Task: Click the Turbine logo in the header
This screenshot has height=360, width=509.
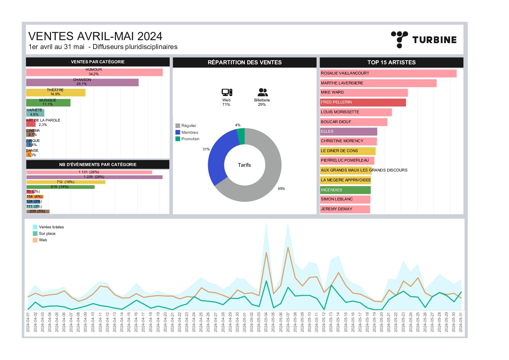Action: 424,39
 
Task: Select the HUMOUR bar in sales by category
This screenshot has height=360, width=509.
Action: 94,72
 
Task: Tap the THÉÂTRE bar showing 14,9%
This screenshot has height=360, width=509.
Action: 55,92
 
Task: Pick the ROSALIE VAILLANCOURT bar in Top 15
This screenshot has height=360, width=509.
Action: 388,73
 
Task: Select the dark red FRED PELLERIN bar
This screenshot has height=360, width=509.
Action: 363,102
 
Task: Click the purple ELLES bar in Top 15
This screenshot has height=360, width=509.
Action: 349,132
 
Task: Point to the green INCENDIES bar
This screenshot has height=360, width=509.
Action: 345,190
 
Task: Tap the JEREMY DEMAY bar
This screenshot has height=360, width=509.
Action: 345,209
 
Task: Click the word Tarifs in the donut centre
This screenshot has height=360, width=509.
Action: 244,165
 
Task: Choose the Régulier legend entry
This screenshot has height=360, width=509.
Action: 188,126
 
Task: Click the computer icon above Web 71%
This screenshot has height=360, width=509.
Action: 226,92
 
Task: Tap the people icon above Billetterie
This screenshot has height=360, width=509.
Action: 262,92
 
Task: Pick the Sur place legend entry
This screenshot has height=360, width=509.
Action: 47,233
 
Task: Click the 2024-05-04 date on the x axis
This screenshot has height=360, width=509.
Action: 266,322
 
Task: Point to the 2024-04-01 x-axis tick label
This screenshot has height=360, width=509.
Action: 28,322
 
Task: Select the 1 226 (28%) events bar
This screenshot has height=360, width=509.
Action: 94,177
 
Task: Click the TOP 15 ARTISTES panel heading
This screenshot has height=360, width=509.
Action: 391,62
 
